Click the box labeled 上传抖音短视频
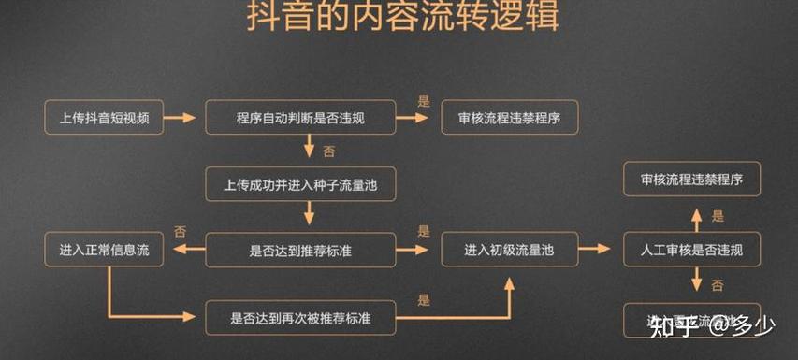pyautogui.click(x=104, y=118)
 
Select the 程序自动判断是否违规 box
pyautogui.click(x=300, y=118)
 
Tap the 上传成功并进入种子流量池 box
pyautogui.click(x=300, y=184)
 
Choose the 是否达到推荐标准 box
pyautogui.click(x=300, y=251)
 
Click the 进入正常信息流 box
pyautogui.click(x=104, y=251)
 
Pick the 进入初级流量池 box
pyautogui.click(x=509, y=251)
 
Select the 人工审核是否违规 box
pyautogui.click(x=691, y=251)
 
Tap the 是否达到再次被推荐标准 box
pyautogui.click(x=300, y=318)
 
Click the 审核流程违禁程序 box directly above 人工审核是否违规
pyautogui.click(x=691, y=179)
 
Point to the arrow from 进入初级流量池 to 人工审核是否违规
pyautogui.click(x=593, y=251)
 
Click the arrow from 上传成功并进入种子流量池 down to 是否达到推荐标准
pyautogui.click(x=308, y=217)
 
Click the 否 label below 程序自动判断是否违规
pyautogui.click(x=328, y=151)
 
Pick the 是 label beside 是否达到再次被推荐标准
pyautogui.click(x=424, y=301)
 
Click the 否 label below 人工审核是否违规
pyautogui.click(x=718, y=284)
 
